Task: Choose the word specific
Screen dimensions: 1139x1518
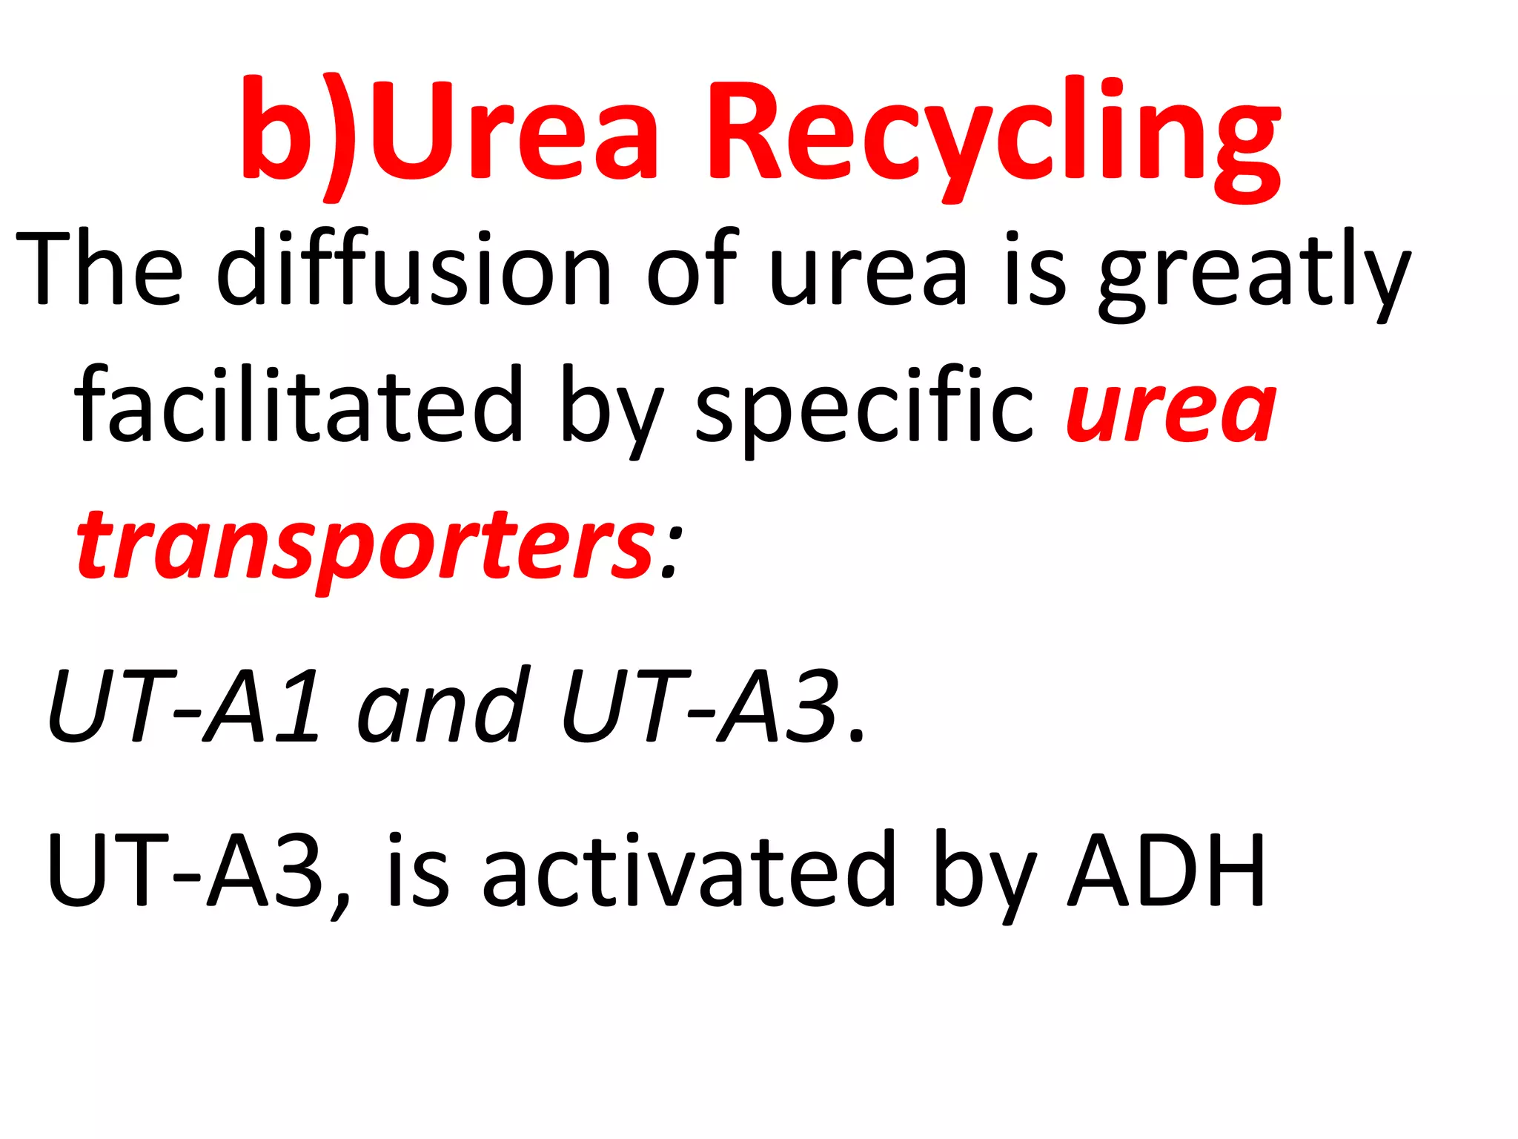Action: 864,408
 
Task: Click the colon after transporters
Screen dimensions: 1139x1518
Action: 670,552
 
